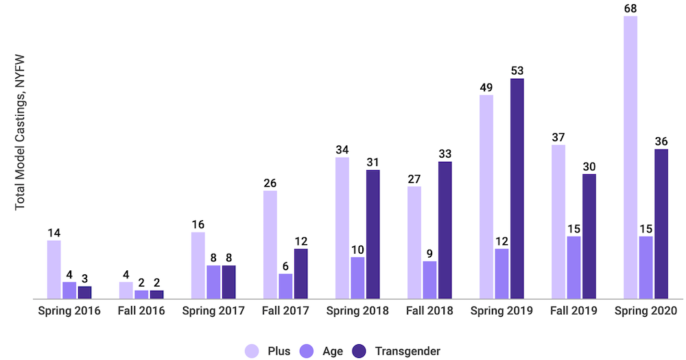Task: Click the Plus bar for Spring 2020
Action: pos(630,157)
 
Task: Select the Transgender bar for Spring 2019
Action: pos(517,189)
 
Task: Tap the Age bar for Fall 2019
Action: pos(573,267)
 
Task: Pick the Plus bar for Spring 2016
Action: pos(54,269)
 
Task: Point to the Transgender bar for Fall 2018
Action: pos(445,230)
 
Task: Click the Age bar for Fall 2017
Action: pos(285,287)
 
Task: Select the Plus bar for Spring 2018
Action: pos(342,228)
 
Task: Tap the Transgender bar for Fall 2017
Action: pos(300,274)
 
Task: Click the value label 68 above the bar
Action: pos(630,6)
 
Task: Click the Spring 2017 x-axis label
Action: pos(213,311)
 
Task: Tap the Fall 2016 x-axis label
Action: pos(141,311)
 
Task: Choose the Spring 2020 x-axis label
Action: pos(646,311)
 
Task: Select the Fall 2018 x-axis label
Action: pos(429,311)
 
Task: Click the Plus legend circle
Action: pos(252,351)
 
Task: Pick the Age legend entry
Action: pos(323,351)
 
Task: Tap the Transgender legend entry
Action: pos(396,351)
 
